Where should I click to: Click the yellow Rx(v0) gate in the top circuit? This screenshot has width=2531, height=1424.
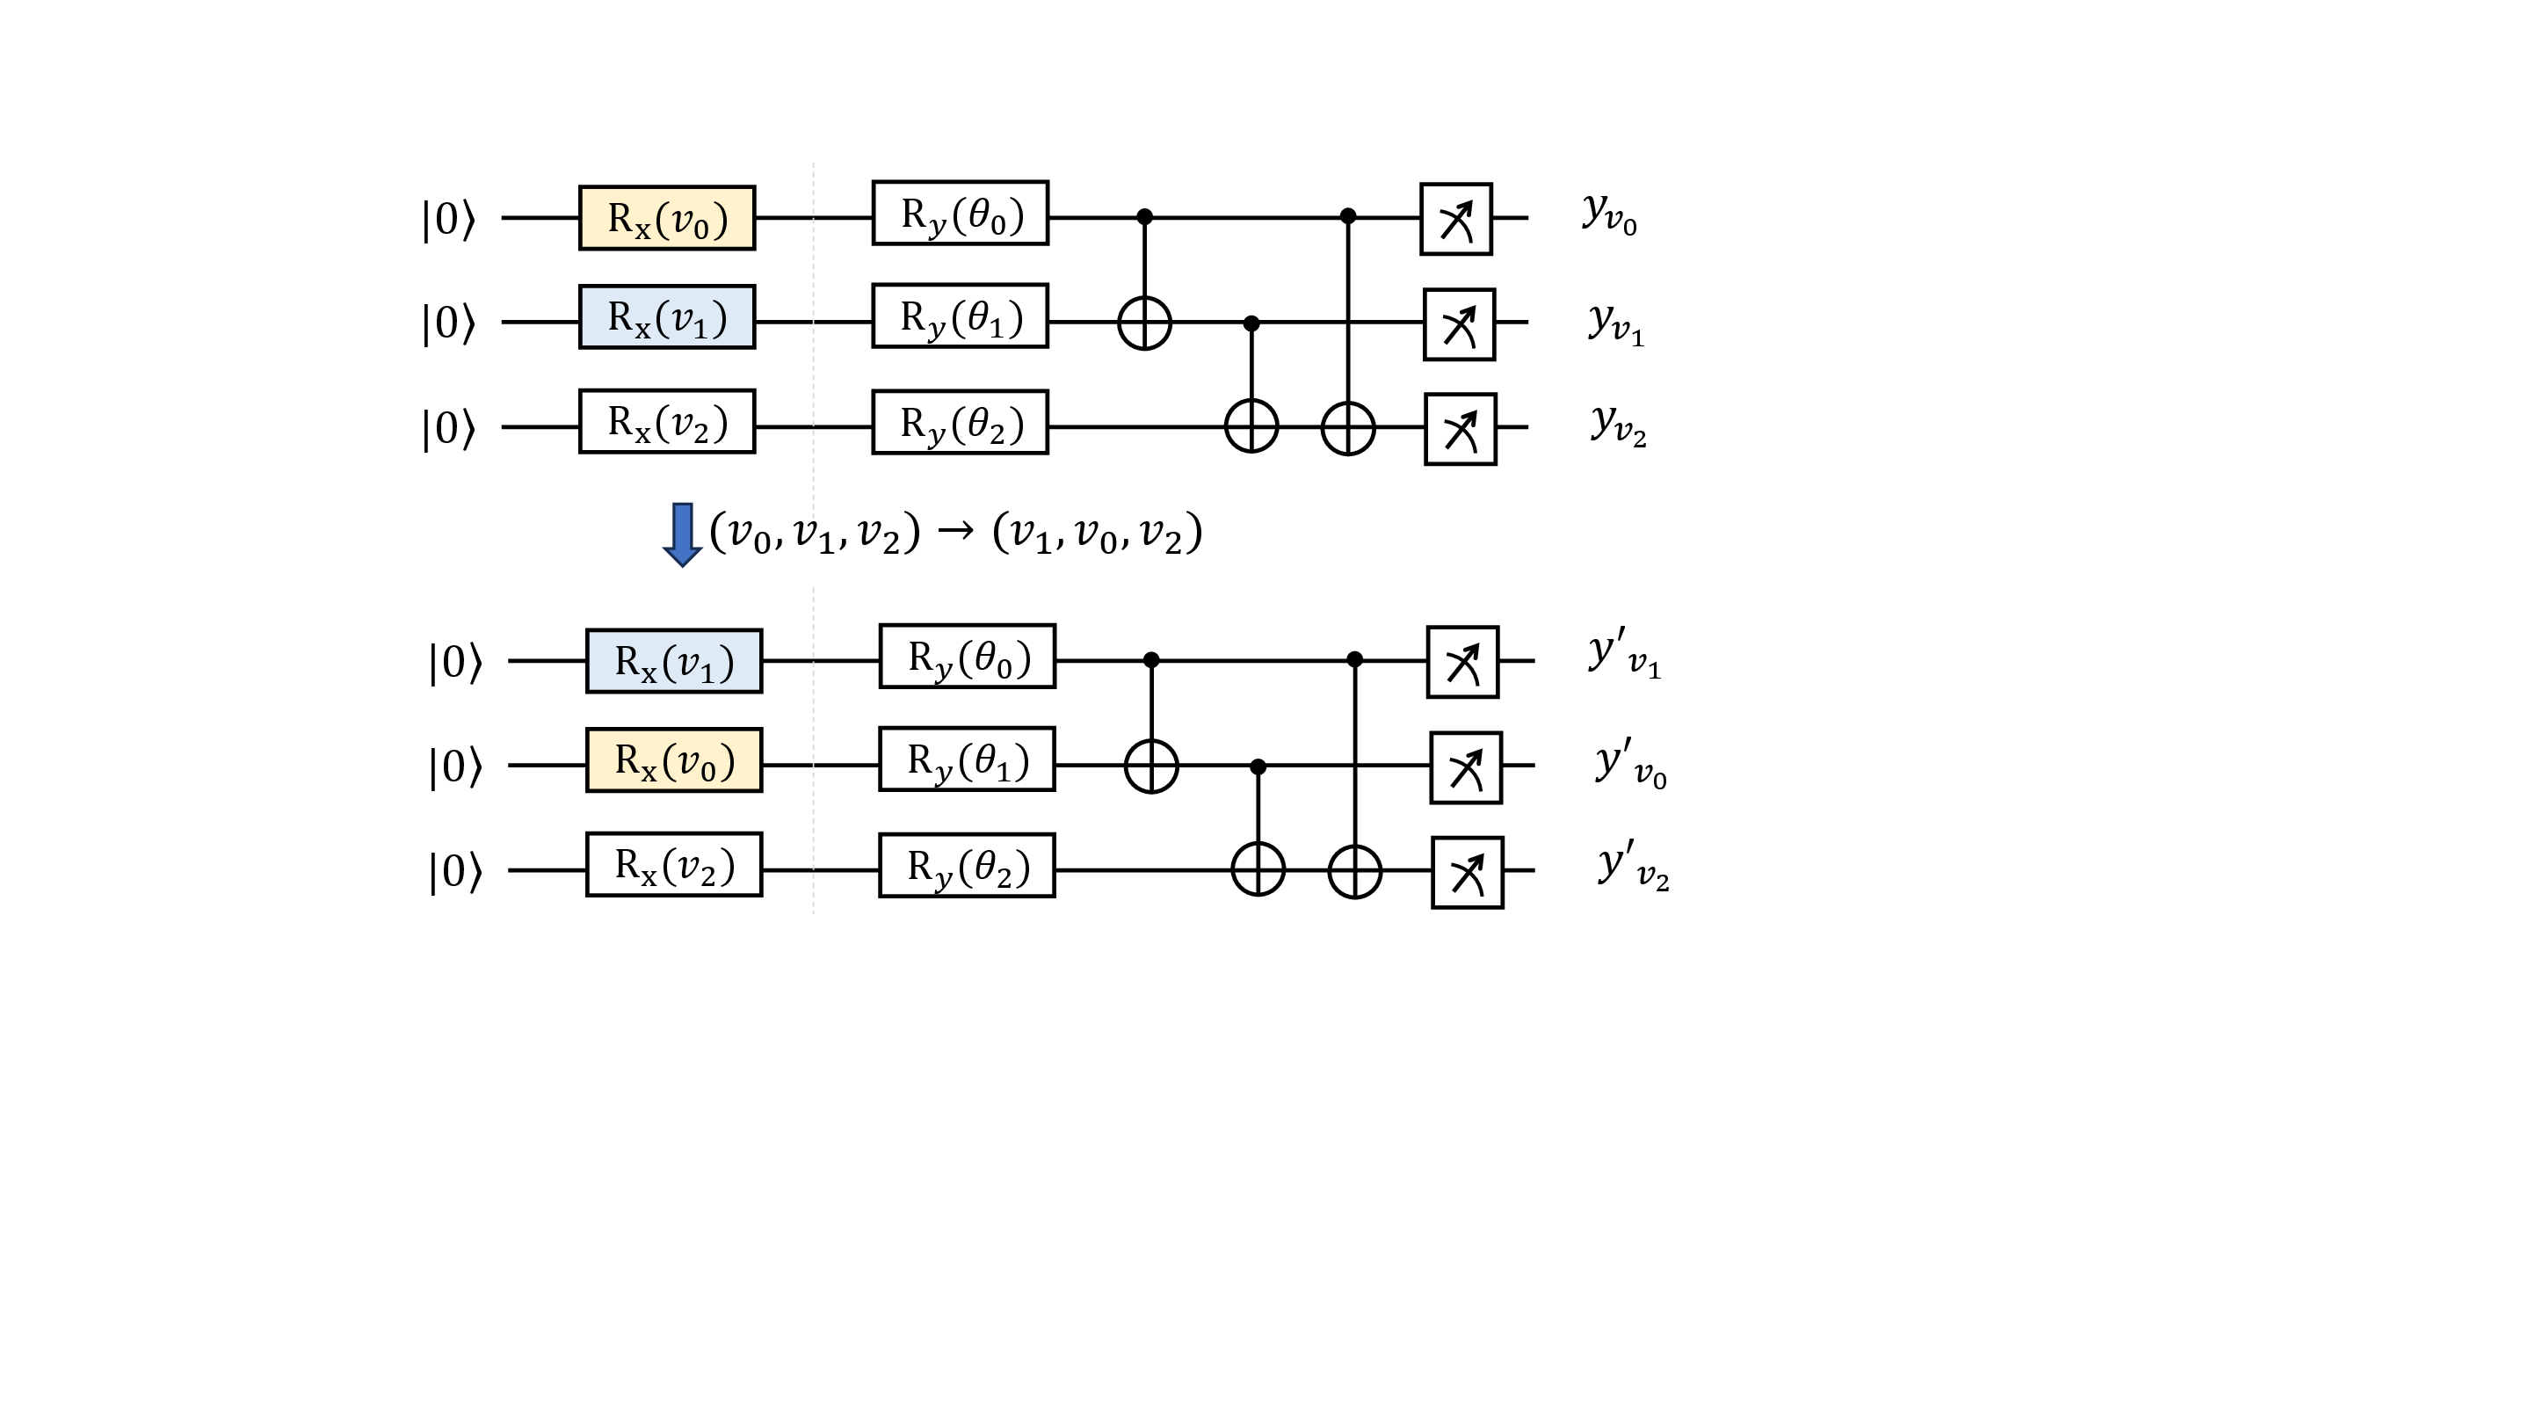666,218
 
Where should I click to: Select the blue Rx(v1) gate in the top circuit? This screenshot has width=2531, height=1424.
666,317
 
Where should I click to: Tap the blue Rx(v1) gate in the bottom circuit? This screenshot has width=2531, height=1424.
673,661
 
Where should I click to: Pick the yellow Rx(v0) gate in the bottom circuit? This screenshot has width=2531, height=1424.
673,759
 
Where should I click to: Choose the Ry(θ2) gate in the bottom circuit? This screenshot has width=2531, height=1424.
967,866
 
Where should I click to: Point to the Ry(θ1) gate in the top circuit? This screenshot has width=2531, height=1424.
960,316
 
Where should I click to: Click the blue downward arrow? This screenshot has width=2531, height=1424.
682,534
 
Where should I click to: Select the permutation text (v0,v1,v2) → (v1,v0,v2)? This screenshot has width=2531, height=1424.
955,534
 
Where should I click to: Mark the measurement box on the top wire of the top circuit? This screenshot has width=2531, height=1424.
1455,219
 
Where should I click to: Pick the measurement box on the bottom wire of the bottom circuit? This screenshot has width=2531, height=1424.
1467,873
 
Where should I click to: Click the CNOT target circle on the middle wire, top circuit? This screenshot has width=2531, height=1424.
1144,323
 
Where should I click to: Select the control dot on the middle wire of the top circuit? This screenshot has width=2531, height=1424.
1251,323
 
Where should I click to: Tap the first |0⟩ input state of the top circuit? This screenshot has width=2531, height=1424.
448,219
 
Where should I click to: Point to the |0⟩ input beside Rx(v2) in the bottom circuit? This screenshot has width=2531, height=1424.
455,872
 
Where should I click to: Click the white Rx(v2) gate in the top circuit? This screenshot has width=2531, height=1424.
666,422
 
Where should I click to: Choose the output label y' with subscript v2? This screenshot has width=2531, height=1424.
1633,866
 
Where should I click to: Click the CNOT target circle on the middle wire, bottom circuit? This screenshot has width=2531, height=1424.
1150,766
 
